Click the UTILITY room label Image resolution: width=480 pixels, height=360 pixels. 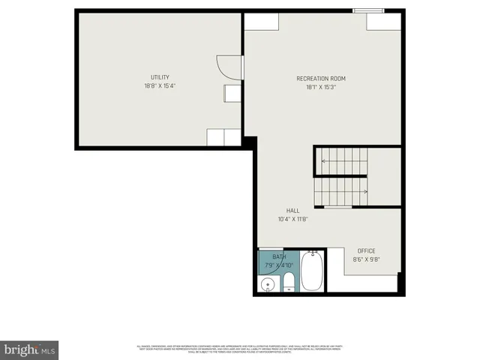(160, 77)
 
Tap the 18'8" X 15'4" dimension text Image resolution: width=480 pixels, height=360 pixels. (160, 86)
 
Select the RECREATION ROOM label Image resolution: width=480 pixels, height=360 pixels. (321, 78)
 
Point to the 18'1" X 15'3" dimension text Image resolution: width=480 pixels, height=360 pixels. (321, 87)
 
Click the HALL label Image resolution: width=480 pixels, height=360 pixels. (292, 211)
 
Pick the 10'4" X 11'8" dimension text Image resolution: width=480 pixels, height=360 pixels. (292, 220)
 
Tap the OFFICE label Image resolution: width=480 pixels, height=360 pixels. (366, 251)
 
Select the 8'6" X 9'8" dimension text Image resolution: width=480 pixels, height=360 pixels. (366, 260)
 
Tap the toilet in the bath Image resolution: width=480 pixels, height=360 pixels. (288, 282)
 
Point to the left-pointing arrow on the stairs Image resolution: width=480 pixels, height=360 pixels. (324, 160)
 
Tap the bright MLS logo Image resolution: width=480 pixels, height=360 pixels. (29, 349)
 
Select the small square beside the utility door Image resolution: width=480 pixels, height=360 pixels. (230, 93)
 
